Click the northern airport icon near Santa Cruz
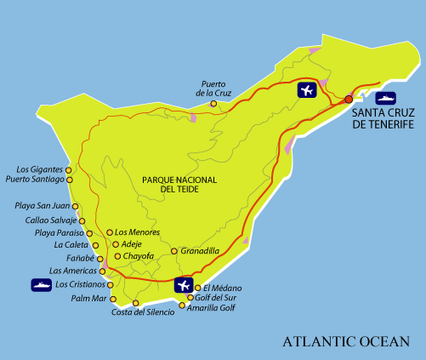[307, 90]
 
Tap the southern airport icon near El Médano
[183, 285]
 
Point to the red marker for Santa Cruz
[349, 100]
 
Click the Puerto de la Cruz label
[213, 88]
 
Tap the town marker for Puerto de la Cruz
[213, 104]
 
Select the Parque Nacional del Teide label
[179, 185]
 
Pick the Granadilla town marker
[174, 251]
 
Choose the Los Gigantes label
[40, 169]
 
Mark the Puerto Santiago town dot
[70, 180]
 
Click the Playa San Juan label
[43, 206]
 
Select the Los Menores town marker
[110, 232]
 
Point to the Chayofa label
[139, 255]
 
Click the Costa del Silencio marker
[135, 303]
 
